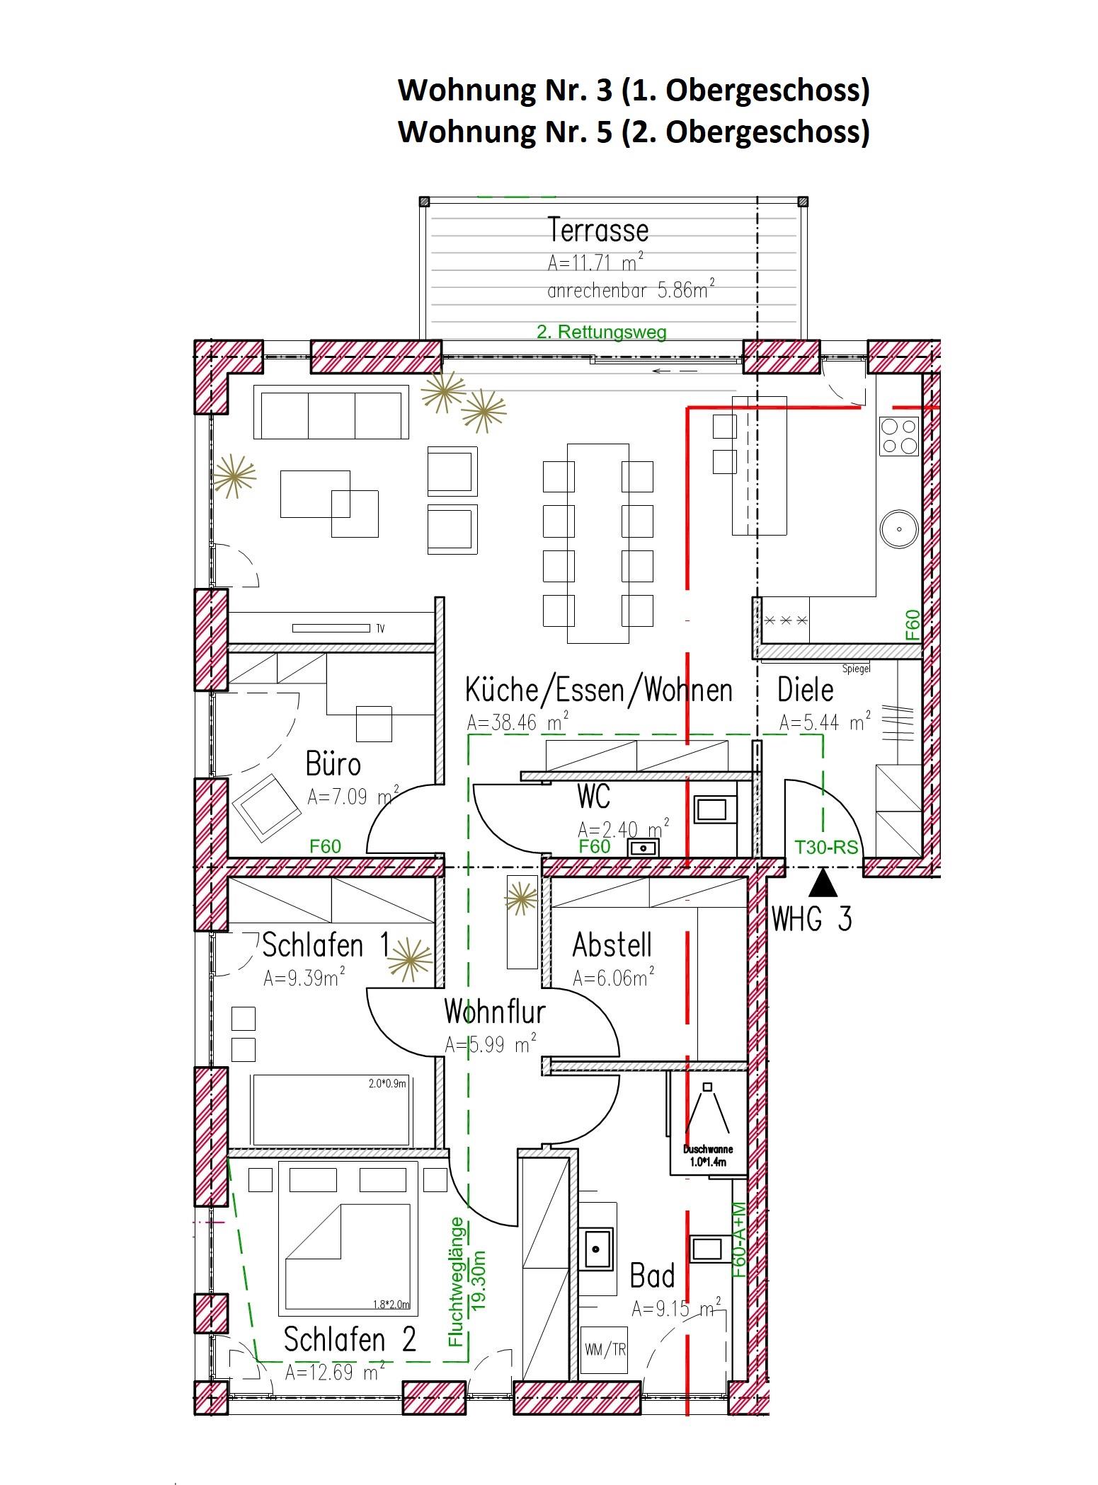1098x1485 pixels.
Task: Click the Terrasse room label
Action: pos(598,231)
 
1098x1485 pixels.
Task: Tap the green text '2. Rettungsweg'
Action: pos(602,331)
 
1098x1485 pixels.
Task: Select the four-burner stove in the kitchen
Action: pos(898,436)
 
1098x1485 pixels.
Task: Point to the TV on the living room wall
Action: pos(331,628)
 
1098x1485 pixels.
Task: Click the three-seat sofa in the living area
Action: pos(331,412)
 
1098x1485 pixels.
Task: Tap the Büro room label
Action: pos(333,764)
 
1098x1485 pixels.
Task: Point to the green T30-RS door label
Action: pos(826,847)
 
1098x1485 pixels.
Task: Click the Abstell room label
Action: pos(612,945)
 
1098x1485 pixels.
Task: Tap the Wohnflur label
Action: pos(495,1012)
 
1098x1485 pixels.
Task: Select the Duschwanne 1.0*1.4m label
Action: pos(708,1155)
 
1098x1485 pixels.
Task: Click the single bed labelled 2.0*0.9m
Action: pos(332,1110)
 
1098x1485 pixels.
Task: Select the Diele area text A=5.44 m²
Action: pos(825,722)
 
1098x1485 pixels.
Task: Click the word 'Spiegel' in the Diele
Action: pos(856,669)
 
